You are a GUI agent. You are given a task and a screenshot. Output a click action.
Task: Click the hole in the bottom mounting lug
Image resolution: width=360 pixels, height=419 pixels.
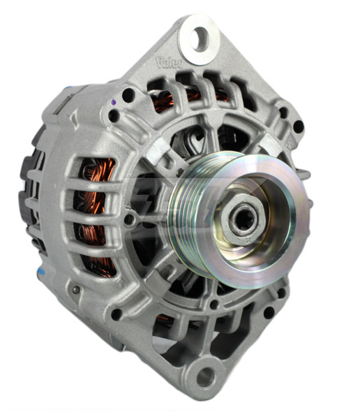point(205,378)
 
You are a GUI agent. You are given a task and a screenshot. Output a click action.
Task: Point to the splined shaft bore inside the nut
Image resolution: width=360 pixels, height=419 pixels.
point(240,222)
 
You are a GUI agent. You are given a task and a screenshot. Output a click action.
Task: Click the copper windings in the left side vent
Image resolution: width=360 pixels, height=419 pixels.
point(93,209)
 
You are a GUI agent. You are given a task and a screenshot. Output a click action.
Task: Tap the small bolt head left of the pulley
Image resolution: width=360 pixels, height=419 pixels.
point(130,221)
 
